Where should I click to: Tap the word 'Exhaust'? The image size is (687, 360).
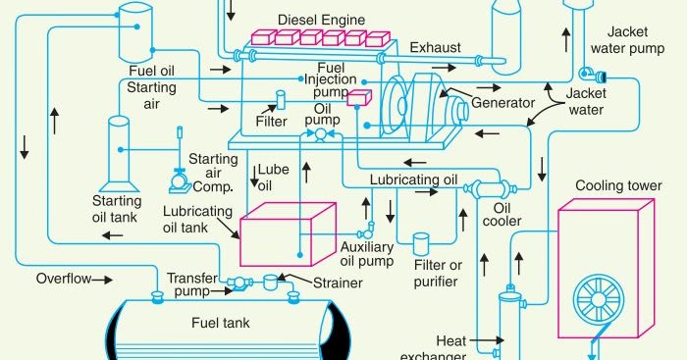tap(434, 47)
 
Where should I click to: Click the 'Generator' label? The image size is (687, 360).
tap(503, 102)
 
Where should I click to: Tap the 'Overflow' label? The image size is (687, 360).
tap(63, 279)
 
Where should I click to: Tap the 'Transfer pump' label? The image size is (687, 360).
tap(192, 284)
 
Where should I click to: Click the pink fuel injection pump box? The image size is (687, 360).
tap(359, 97)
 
